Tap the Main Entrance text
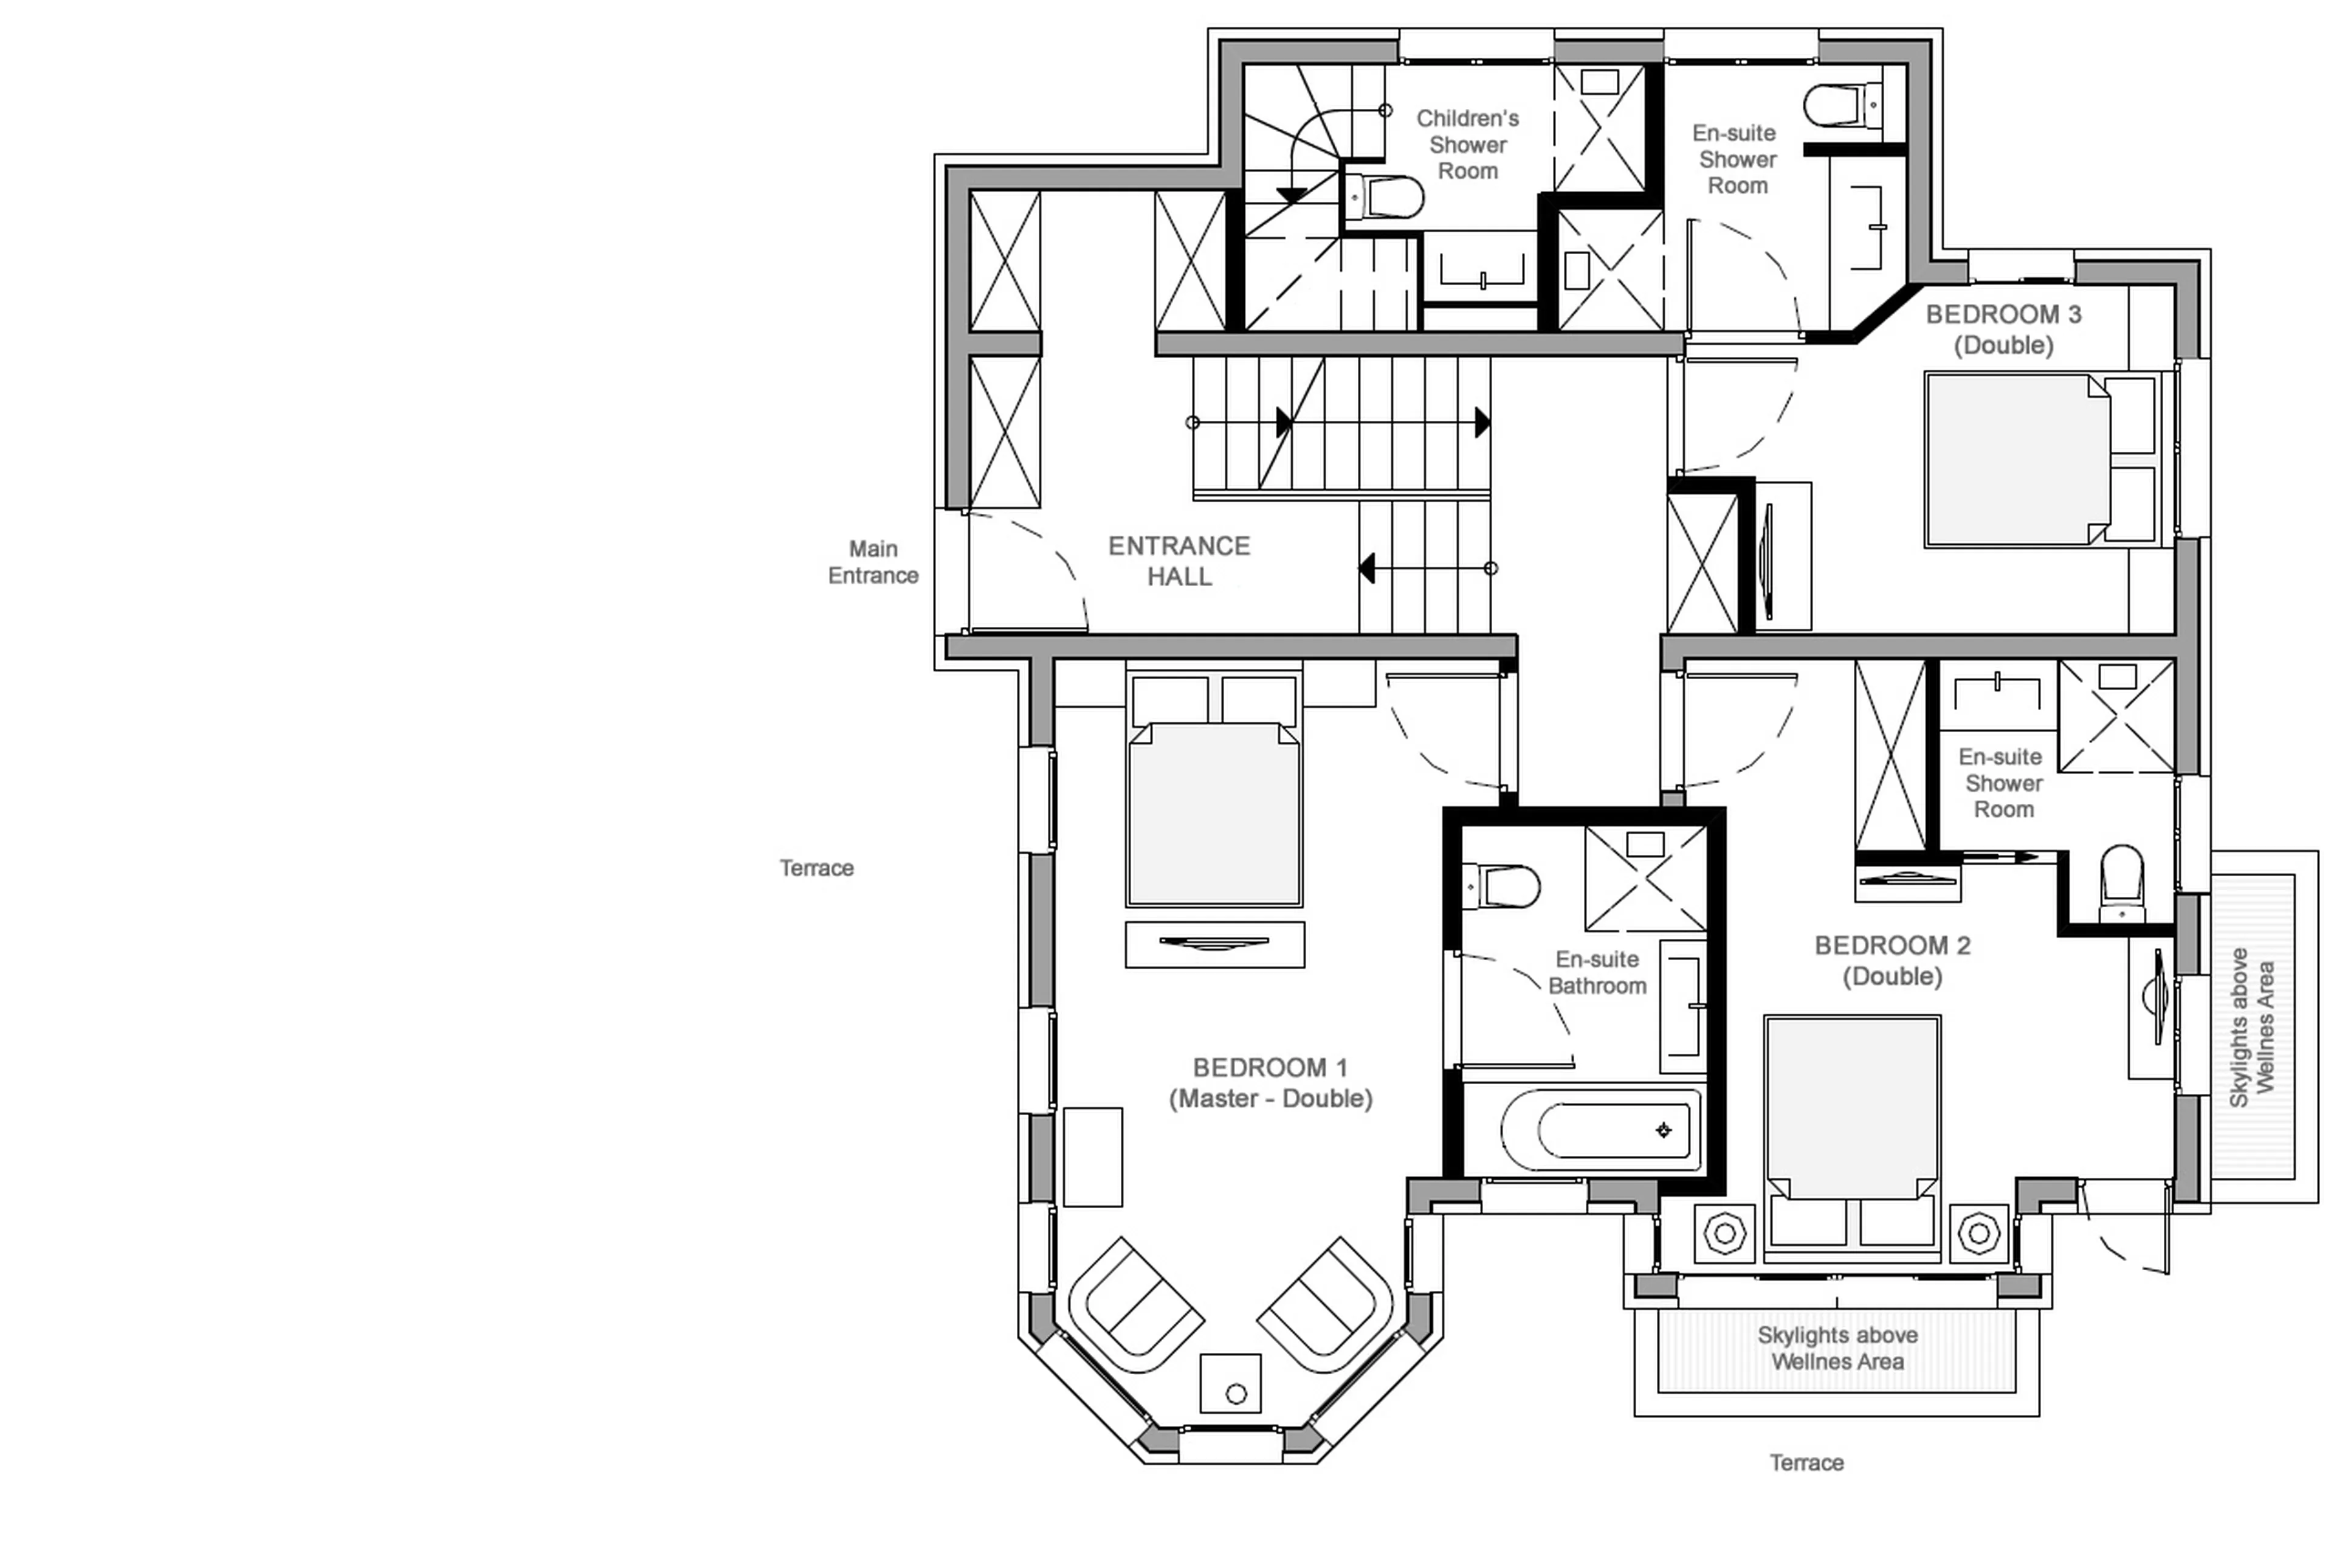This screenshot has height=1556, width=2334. tap(873, 562)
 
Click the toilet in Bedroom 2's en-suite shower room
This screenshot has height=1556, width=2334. tap(2122, 882)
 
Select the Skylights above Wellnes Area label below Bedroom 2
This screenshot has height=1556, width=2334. tap(1837, 1347)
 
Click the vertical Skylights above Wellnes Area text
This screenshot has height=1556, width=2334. tap(2252, 1027)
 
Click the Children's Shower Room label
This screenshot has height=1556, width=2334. tap(1467, 145)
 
